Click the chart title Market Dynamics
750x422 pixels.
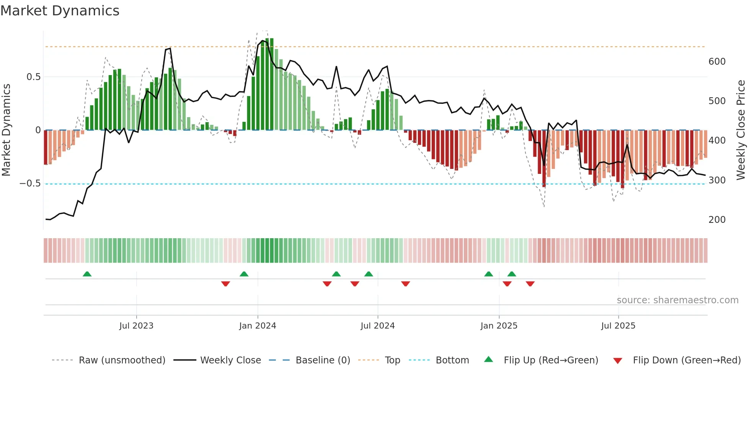pos(60,11)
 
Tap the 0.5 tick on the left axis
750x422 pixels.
pos(33,77)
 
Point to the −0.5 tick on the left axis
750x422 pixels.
pos(30,183)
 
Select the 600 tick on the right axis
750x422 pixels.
pos(717,62)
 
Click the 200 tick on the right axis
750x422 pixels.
pos(717,220)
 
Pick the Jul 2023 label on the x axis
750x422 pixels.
pos(136,326)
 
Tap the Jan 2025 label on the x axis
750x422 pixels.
pos(499,326)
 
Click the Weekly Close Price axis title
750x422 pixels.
pos(741,130)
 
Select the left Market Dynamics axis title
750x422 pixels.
pos(6,130)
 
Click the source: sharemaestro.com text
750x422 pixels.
pos(677,300)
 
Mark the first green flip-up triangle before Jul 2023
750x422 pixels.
pos(87,274)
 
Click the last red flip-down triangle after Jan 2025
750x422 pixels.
pos(530,284)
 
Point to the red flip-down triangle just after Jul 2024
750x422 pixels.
pos(406,284)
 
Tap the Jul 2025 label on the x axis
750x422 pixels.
pos(618,326)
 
